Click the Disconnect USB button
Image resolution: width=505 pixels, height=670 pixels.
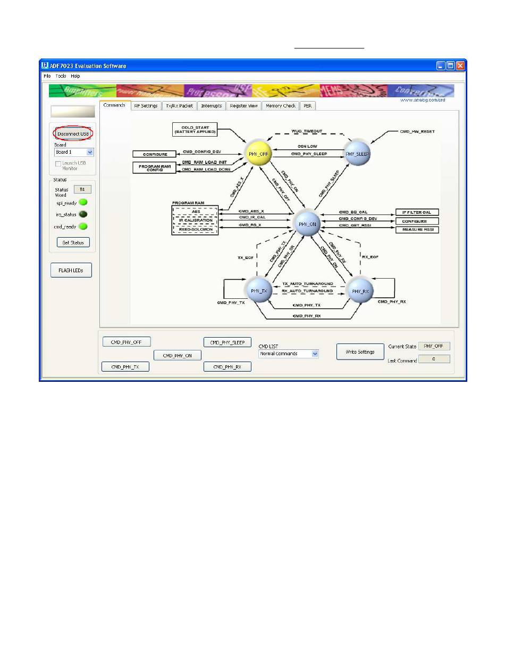point(73,134)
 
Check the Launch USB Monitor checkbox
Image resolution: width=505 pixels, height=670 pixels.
point(58,163)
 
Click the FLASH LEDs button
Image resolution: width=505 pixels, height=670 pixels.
point(71,270)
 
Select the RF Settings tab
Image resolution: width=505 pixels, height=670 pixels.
point(146,106)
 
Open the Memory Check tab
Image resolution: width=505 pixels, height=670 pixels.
point(281,106)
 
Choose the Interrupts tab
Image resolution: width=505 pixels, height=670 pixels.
point(212,106)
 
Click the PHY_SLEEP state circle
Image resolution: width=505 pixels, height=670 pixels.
point(357,154)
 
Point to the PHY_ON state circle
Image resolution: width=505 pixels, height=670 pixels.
point(308,224)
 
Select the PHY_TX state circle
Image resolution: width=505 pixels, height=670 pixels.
point(258,291)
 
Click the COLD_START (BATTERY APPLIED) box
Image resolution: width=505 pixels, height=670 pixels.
point(195,129)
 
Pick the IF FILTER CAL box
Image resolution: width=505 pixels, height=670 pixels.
point(417,212)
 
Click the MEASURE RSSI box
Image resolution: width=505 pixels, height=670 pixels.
point(417,229)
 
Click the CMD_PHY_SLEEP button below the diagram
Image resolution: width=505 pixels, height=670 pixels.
point(227,342)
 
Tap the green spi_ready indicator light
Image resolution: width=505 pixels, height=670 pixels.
point(83,203)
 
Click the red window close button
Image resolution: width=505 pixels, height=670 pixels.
point(460,66)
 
